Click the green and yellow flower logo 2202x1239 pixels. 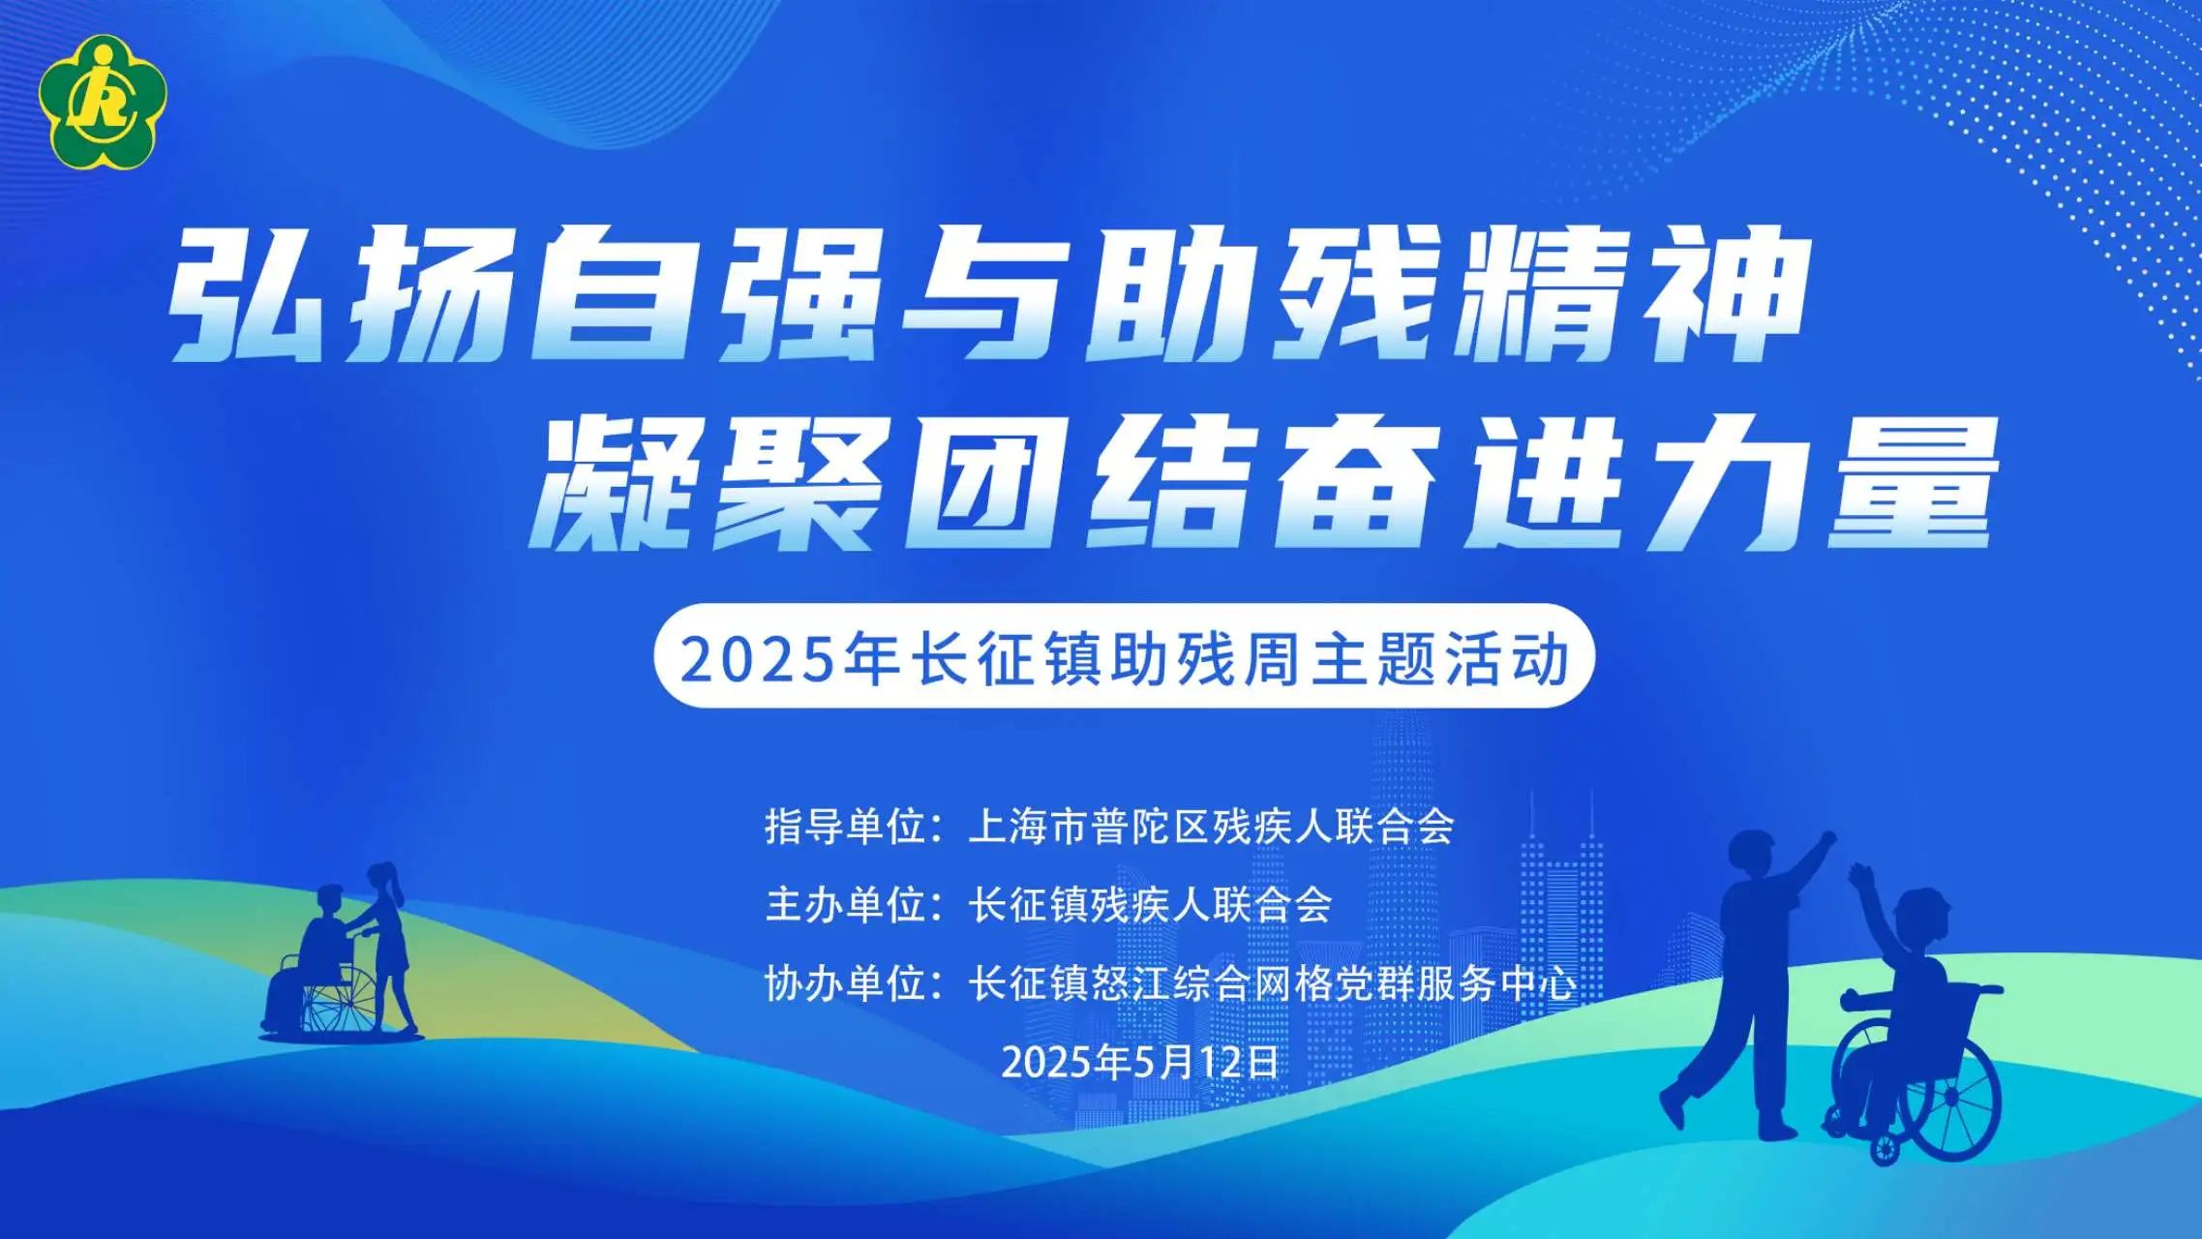coord(103,102)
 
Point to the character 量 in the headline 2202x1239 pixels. coord(1912,482)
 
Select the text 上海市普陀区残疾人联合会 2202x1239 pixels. coord(1211,826)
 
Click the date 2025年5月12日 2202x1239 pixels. coord(1140,1062)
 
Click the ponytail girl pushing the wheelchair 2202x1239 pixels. coord(389,944)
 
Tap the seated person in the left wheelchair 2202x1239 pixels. coord(319,953)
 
